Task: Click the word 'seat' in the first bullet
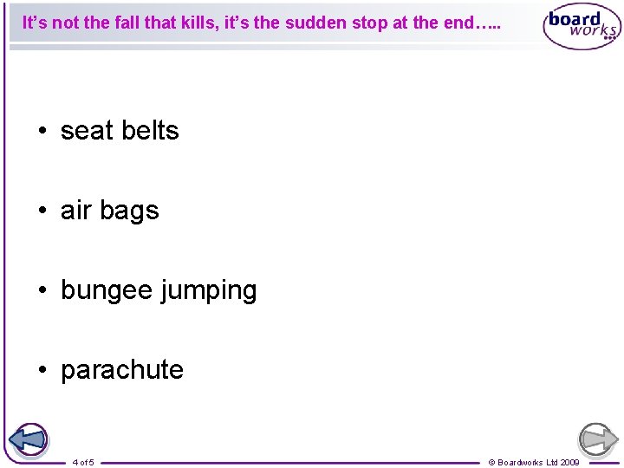click(x=87, y=131)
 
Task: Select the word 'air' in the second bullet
click(x=76, y=211)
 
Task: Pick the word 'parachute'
click(x=122, y=370)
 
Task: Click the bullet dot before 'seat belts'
click(x=42, y=132)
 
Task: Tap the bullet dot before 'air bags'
click(x=42, y=211)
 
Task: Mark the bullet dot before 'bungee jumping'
click(x=42, y=291)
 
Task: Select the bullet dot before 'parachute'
click(x=42, y=371)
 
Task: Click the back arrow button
click(x=29, y=439)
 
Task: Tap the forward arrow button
click(x=597, y=439)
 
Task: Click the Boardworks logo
click(x=582, y=28)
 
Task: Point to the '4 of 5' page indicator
click(x=84, y=462)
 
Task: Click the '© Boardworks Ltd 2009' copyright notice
click(x=534, y=462)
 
